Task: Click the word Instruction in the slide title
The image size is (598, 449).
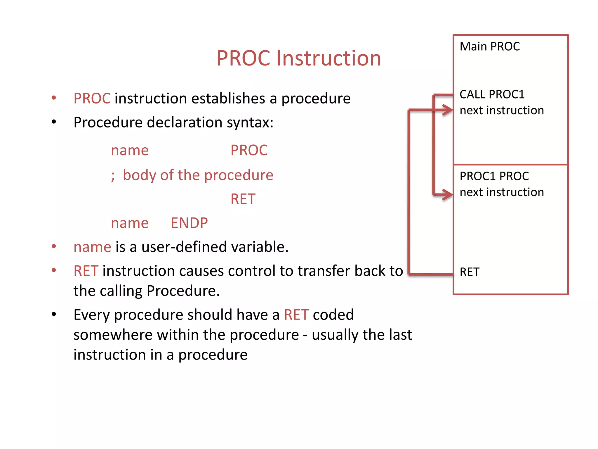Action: [328, 58]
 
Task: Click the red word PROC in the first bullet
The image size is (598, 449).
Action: [92, 99]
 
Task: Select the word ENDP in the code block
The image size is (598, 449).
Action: [189, 223]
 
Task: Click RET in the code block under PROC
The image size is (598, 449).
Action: [243, 199]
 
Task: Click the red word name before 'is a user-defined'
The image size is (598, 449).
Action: [92, 247]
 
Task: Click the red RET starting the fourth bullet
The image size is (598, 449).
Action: [86, 271]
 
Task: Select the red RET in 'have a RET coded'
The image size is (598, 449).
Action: [296, 315]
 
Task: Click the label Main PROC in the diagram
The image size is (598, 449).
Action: [490, 46]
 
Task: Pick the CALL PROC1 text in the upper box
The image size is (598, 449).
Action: [492, 94]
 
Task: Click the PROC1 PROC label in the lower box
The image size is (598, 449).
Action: [494, 176]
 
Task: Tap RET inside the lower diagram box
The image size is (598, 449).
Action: [469, 272]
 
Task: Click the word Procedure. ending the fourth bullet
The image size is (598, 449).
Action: [183, 291]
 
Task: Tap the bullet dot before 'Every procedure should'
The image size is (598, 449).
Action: [54, 315]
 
